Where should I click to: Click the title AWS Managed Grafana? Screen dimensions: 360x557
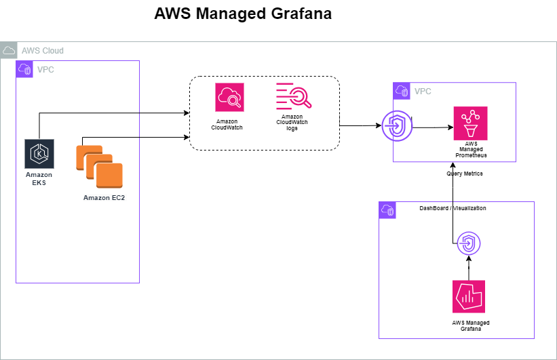click(243, 14)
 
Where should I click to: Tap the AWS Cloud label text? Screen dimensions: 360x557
click(43, 51)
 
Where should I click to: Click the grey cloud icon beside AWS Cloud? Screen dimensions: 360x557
click(9, 50)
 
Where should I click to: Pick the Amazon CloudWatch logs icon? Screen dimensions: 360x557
click(292, 97)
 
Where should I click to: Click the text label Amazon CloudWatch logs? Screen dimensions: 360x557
click(292, 122)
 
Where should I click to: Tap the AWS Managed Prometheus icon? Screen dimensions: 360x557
click(471, 123)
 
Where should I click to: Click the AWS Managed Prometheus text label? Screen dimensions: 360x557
click(471, 150)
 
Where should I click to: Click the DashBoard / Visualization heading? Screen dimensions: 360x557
click(453, 208)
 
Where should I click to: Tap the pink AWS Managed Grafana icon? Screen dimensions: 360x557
click(469, 296)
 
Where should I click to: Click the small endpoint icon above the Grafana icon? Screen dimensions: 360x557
click(469, 242)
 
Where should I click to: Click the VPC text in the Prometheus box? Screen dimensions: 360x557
click(423, 91)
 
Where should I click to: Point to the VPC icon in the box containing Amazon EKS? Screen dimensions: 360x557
click(24, 68)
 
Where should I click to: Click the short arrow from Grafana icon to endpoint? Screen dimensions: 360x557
click(469, 266)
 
